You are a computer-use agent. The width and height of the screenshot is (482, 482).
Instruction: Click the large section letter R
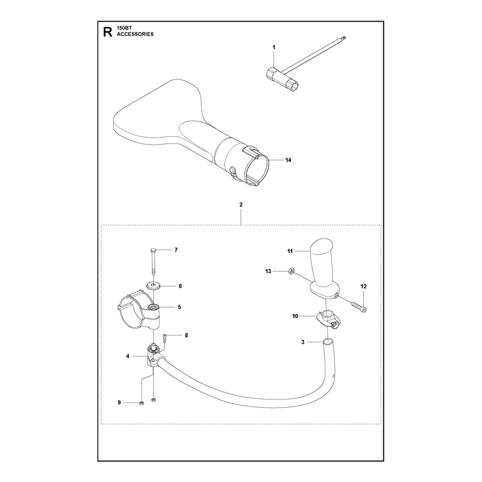[108, 32]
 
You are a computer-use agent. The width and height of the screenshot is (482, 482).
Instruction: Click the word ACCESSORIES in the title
[135, 34]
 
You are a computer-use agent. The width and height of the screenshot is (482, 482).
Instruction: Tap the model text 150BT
[124, 28]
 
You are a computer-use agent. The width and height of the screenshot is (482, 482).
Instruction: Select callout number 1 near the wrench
[274, 48]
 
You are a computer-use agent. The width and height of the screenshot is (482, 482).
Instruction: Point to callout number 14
[289, 160]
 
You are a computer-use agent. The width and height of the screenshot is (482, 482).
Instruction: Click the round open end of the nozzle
[257, 170]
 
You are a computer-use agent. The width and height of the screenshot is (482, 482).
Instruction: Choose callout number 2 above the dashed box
[241, 204]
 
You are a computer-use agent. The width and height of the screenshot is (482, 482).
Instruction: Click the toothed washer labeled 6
[152, 287]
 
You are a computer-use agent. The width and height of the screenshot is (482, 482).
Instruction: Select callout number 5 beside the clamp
[180, 307]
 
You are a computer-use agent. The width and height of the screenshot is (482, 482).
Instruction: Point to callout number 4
[128, 356]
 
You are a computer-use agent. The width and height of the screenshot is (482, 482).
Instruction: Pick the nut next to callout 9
[142, 403]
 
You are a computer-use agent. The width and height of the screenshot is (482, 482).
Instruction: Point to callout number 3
[303, 342]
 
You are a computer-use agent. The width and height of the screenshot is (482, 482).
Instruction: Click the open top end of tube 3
[328, 341]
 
